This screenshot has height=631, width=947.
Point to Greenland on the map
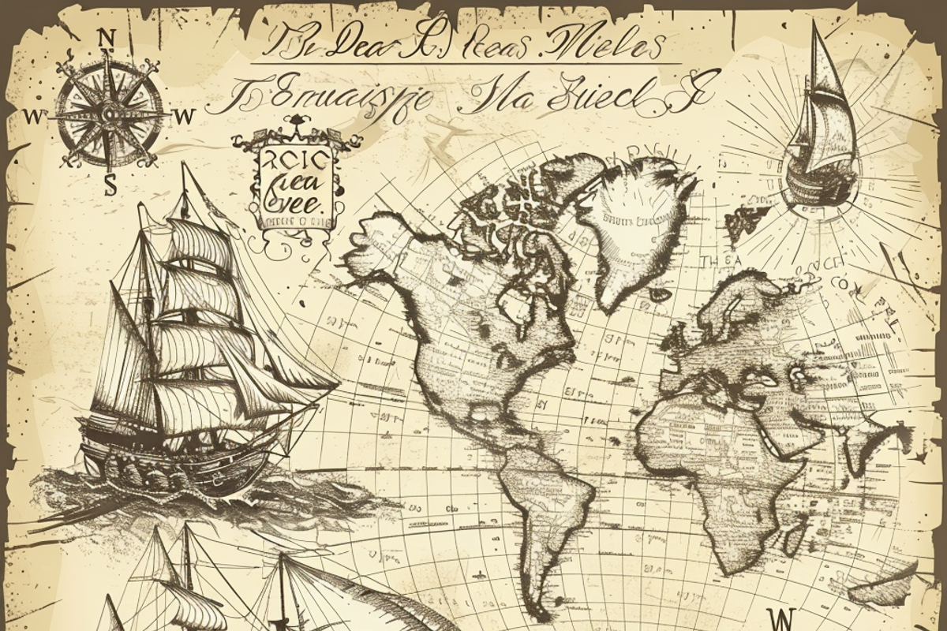pos(639,221)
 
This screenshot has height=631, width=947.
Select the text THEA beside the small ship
pos(722,260)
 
